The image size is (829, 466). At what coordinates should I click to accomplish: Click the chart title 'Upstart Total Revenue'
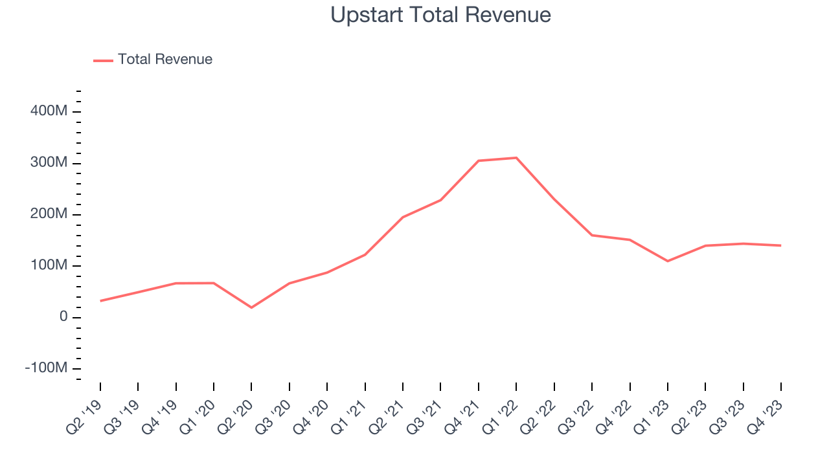[440, 15]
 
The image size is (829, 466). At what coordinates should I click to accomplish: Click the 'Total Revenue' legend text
[165, 60]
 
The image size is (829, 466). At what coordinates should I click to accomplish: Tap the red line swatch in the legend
[103, 60]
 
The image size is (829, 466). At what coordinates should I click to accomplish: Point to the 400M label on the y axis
[49, 111]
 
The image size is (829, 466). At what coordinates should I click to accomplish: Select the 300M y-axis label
[49, 163]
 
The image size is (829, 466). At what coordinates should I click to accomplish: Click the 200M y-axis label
[49, 214]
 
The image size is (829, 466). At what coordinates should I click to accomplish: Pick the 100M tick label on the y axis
[49, 265]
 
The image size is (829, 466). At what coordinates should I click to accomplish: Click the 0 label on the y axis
[62, 317]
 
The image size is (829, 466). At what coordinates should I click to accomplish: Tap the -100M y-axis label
[46, 368]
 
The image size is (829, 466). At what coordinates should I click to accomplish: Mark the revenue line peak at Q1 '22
[516, 158]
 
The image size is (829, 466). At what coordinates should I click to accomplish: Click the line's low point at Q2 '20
[251, 307]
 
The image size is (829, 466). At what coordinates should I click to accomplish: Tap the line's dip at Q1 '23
[667, 261]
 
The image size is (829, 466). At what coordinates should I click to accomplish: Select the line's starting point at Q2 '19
[100, 301]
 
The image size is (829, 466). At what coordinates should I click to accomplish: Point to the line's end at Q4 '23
[780, 245]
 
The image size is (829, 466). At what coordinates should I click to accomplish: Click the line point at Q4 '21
[478, 161]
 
